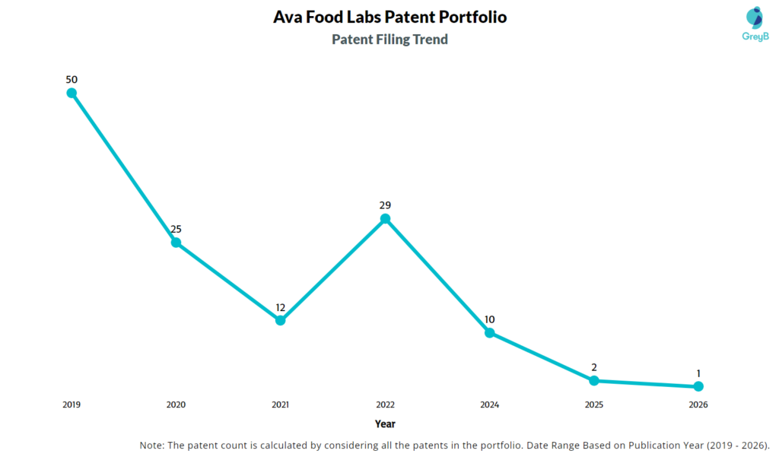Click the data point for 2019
point(72,93)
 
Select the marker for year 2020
point(176,243)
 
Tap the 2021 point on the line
point(280,320)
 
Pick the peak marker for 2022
point(385,219)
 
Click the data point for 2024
point(489,332)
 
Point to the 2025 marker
point(594,380)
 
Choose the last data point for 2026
point(698,386)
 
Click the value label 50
point(72,79)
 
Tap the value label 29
point(385,205)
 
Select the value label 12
point(280,307)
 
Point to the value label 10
point(489,319)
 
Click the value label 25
point(176,229)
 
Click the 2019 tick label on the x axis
point(72,405)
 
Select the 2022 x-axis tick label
point(385,405)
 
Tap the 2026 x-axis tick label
point(698,405)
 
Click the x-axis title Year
point(385,424)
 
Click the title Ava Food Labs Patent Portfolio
point(389,17)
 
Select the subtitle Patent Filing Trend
point(389,40)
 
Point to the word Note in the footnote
point(153,445)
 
